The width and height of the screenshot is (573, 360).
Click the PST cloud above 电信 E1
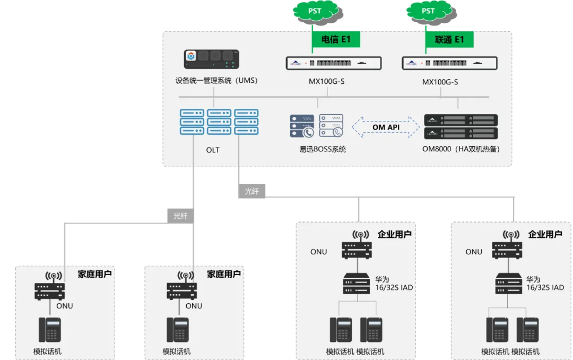tap(315, 11)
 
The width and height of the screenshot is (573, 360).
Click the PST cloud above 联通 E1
tap(428, 11)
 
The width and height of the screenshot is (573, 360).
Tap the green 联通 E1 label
tap(449, 39)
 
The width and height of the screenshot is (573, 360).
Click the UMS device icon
tap(210, 59)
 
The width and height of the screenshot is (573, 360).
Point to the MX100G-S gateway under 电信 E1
tap(334, 64)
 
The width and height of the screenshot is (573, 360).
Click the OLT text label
tap(213, 150)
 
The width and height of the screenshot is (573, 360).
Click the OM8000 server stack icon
tap(461, 126)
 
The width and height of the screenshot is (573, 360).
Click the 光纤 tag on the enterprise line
tap(252, 191)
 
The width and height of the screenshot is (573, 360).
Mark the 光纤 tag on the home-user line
tap(180, 216)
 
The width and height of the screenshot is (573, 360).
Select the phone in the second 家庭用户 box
tap(178, 330)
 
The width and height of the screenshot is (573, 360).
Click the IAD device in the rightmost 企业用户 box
tap(508, 284)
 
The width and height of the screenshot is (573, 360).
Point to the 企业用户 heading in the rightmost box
tap(545, 234)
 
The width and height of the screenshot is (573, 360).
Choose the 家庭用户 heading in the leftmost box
tap(95, 274)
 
